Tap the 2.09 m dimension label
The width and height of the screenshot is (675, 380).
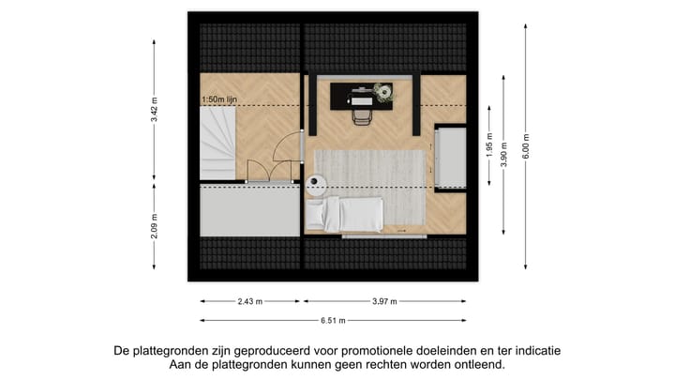pyautogui.click(x=154, y=227)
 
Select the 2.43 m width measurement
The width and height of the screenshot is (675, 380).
pyautogui.click(x=249, y=301)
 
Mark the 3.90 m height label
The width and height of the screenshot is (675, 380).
pyautogui.click(x=505, y=152)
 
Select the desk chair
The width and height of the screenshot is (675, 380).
pyautogui.click(x=361, y=114)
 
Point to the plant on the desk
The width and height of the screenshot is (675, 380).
pyautogui.click(x=382, y=90)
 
